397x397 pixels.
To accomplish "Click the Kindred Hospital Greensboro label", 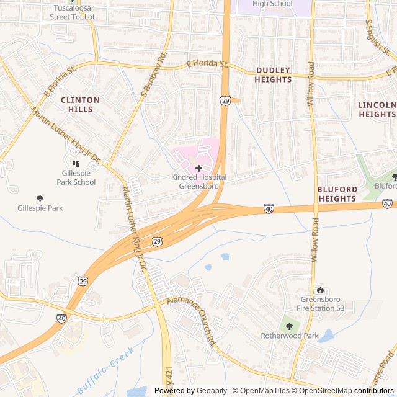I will coord(198,181).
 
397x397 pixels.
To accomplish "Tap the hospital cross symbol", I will coord(198,168).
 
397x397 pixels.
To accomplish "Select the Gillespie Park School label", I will coord(76,177).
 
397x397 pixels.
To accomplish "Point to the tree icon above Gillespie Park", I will coord(40,198).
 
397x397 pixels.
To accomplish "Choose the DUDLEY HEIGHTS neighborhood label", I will coord(273,75).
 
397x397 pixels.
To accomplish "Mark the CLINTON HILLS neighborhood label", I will coord(80,104).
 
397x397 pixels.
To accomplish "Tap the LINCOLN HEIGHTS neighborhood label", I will coord(377,109).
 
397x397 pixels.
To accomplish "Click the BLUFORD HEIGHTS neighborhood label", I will coord(337,194).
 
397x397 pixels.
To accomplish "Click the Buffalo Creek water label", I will coord(105,370).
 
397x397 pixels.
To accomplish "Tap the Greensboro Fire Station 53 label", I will coord(322,303).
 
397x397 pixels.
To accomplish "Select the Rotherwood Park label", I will coord(289,336).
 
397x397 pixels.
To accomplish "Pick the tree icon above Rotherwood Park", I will coord(288,324).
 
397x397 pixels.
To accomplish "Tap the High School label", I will coord(272,4).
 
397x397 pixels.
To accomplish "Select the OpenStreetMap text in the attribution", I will coord(326,390).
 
